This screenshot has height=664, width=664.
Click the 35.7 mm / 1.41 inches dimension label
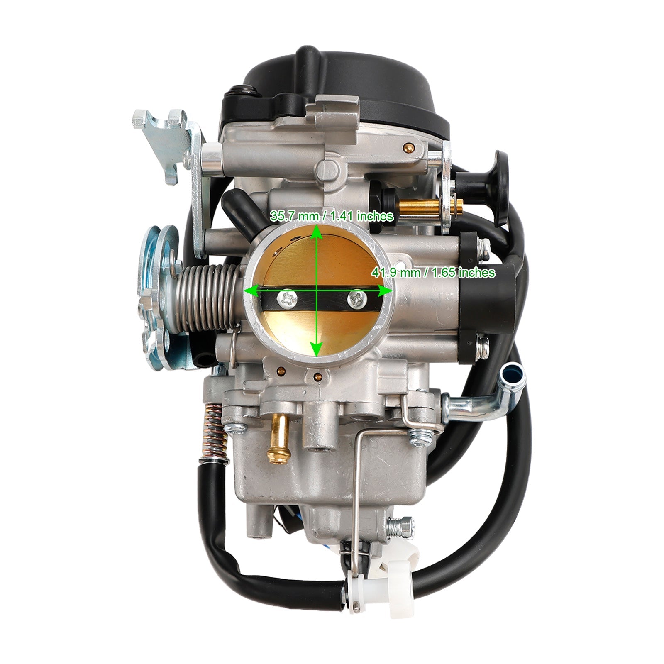[x=331, y=216]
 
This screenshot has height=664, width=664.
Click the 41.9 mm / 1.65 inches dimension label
[x=432, y=273]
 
